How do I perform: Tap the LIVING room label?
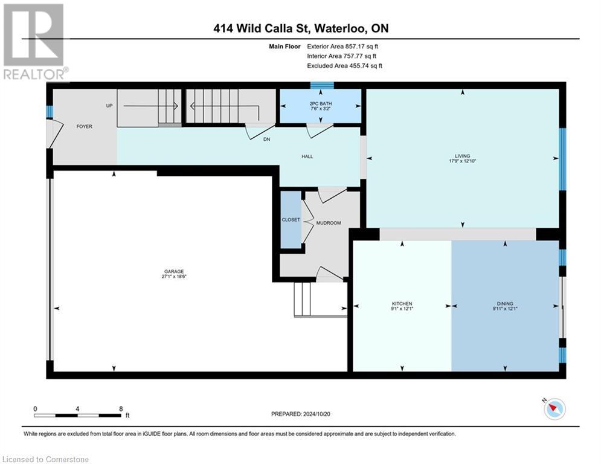point(463,156)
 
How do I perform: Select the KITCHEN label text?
point(402,303)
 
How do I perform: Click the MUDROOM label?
point(329,223)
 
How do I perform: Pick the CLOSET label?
point(291,219)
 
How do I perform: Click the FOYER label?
point(83,127)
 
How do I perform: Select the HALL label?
point(307,156)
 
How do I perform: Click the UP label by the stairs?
point(109,105)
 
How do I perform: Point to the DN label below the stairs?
point(266,140)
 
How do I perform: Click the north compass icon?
point(554,409)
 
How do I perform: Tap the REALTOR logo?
point(36,42)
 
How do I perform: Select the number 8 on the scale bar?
point(121,408)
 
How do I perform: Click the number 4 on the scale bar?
point(78,408)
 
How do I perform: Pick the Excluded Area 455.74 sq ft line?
point(344,66)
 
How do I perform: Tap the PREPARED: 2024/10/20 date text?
point(302,414)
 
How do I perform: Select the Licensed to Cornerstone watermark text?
point(45,459)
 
